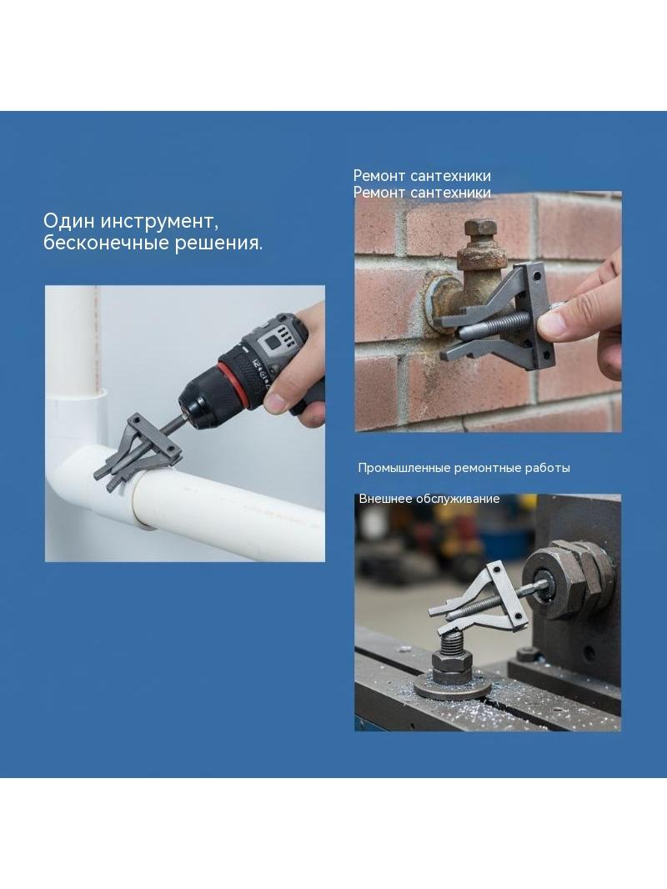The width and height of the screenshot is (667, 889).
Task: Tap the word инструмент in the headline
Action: click(159, 222)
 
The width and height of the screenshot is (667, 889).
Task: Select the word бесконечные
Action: click(105, 243)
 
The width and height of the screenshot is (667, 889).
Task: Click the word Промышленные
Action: click(404, 469)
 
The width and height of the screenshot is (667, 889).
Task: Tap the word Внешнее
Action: click(385, 499)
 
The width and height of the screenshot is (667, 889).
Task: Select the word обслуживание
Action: click(458, 499)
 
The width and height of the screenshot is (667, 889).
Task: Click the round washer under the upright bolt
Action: click(453, 686)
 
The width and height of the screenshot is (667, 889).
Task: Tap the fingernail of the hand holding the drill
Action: click(277, 404)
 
